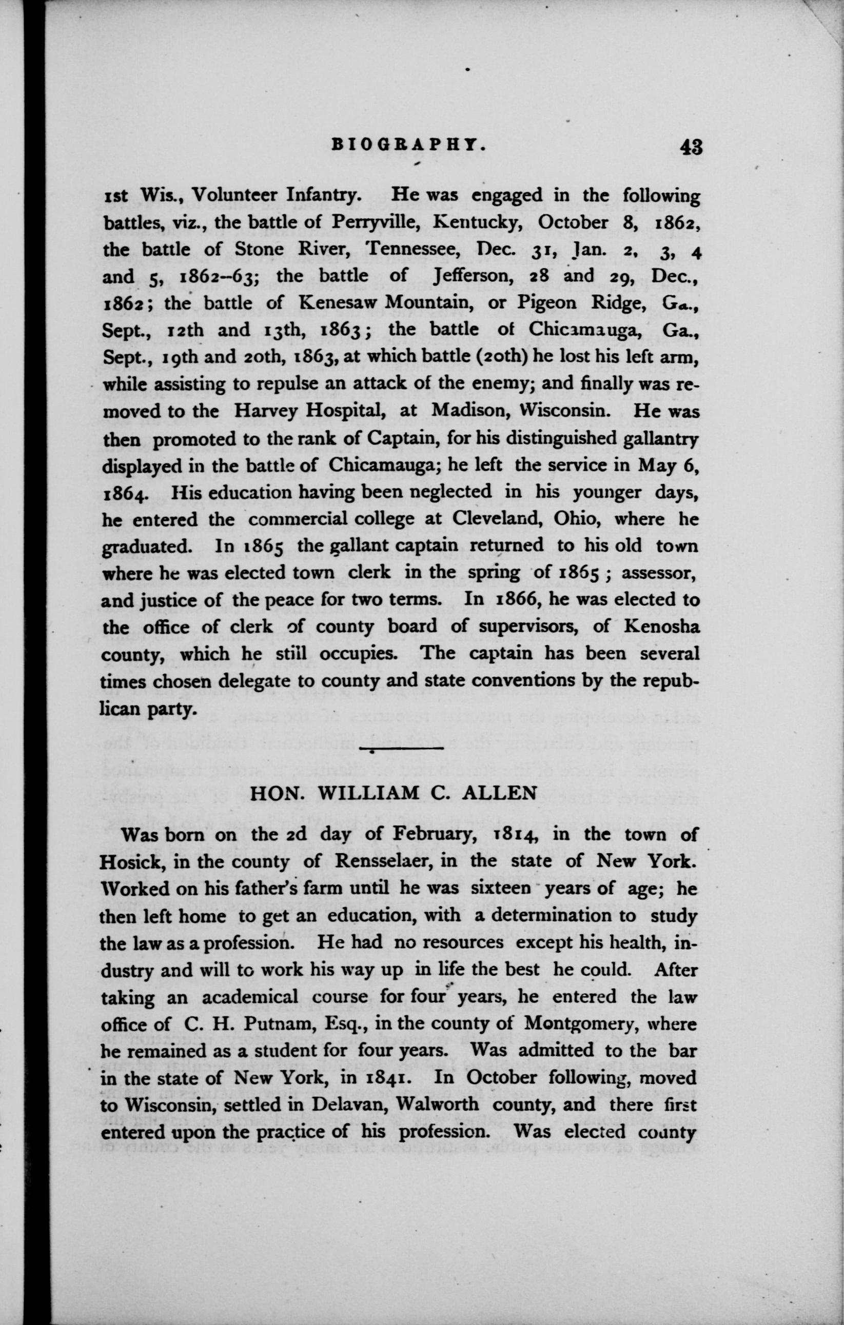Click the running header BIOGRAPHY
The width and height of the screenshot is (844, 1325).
pyautogui.click(x=409, y=145)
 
